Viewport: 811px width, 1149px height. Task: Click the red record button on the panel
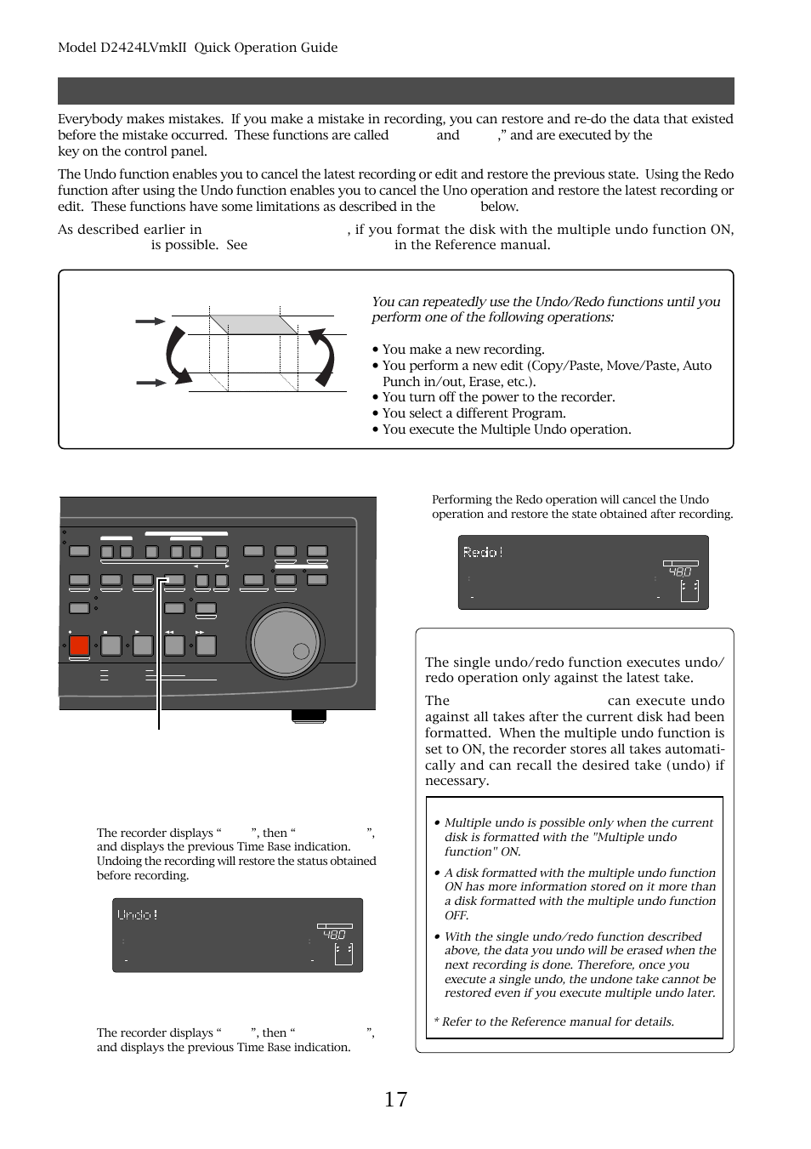pyautogui.click(x=79, y=646)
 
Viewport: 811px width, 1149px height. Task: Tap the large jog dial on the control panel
pyautogui.click(x=285, y=643)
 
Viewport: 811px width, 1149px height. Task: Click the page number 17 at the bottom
pyautogui.click(x=395, y=1100)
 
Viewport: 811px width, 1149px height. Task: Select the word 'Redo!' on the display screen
pyautogui.click(x=483, y=552)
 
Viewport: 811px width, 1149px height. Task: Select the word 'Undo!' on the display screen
pyautogui.click(x=137, y=915)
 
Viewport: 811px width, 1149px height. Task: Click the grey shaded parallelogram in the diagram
pyautogui.click(x=253, y=324)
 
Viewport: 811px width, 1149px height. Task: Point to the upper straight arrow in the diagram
pyautogui.click(x=150, y=321)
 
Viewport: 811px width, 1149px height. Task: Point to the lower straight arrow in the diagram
pyautogui.click(x=150, y=383)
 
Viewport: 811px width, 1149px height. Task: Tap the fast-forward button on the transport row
pyautogui.click(x=206, y=646)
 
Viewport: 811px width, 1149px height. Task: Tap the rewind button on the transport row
pyautogui.click(x=174, y=646)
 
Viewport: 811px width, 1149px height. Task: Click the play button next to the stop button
pyautogui.click(x=143, y=646)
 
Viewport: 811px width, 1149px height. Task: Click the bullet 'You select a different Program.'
pyautogui.click(x=473, y=413)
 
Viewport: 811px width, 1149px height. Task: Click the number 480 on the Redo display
pyautogui.click(x=680, y=572)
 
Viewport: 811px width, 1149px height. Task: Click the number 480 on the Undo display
pyautogui.click(x=334, y=935)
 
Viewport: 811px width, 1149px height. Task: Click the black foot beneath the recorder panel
pyautogui.click(x=309, y=716)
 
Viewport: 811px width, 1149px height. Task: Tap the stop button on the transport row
pyautogui.click(x=111, y=646)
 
